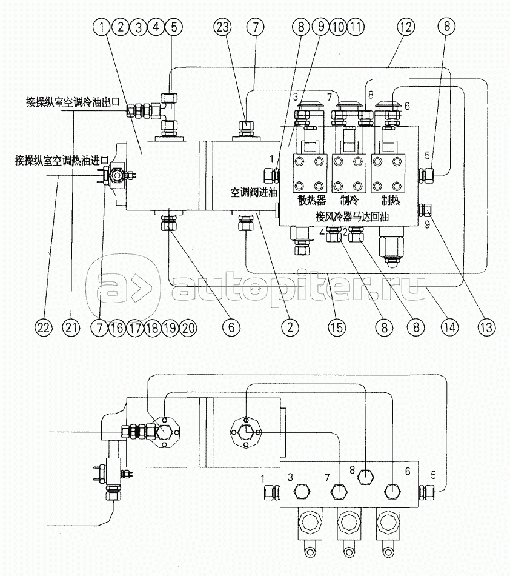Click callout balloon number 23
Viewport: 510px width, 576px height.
pos(222,27)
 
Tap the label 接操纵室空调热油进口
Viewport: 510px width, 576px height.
pos(61,161)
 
